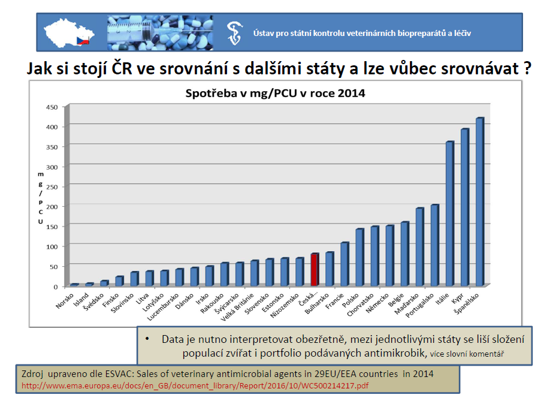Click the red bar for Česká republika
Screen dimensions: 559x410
click(315, 270)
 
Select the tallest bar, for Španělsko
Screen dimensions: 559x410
click(480, 202)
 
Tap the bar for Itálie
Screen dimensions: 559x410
click(450, 214)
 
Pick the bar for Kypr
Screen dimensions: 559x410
click(465, 207)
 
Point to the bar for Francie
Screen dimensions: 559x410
click(345, 264)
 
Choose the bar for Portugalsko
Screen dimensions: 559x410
click(435, 245)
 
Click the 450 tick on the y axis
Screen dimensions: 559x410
click(52, 107)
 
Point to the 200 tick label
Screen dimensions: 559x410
click(52, 207)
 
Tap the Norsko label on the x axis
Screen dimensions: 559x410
click(65, 300)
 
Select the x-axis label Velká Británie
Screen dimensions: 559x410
click(237, 307)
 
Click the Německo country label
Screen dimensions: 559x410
click(377, 303)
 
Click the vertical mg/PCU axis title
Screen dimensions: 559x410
click(41, 198)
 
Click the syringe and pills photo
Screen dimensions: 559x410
click(160, 33)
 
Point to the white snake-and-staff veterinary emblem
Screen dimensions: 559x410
click(235, 33)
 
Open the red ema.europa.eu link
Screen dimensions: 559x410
click(195, 386)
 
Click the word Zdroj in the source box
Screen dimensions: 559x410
click(32, 374)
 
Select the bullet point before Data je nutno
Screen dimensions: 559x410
click(147, 339)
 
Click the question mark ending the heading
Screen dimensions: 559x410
click(528, 69)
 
